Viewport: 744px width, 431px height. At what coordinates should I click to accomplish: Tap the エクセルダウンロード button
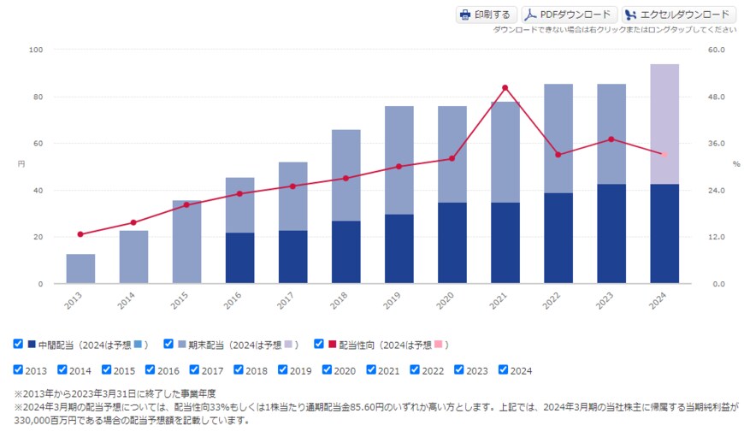click(678, 15)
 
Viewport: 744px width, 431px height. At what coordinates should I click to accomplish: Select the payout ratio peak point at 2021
click(505, 87)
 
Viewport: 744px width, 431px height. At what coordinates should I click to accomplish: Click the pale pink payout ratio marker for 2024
click(664, 154)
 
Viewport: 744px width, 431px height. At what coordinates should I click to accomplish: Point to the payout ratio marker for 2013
click(80, 234)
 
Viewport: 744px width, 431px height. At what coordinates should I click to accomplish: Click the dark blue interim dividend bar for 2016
click(239, 257)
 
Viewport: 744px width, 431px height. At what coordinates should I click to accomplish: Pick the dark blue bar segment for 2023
click(611, 233)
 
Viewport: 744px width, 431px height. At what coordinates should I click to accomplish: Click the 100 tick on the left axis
click(36, 50)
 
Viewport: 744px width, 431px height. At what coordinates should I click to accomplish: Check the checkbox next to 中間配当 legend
click(18, 344)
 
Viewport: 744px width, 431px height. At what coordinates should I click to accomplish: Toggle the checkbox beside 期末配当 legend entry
click(168, 344)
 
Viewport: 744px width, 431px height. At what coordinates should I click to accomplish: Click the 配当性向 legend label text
click(359, 345)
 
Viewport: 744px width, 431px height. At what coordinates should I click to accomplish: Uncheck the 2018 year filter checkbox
click(239, 370)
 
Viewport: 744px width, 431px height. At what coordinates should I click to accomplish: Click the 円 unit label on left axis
click(21, 162)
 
